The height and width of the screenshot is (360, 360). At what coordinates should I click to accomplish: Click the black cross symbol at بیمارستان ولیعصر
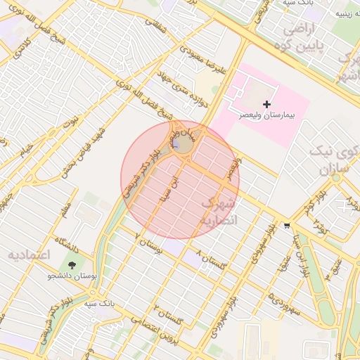point(266,104)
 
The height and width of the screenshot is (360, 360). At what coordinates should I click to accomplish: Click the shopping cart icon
point(287,226)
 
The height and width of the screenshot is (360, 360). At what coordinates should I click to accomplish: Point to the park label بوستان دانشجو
point(70,277)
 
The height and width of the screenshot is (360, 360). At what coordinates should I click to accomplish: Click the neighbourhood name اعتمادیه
point(29,254)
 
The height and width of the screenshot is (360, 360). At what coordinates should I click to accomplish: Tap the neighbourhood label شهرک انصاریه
point(220,212)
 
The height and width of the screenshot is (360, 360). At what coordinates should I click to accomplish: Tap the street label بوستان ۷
point(149,243)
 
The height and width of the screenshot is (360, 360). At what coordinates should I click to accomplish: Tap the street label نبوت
point(71,121)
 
